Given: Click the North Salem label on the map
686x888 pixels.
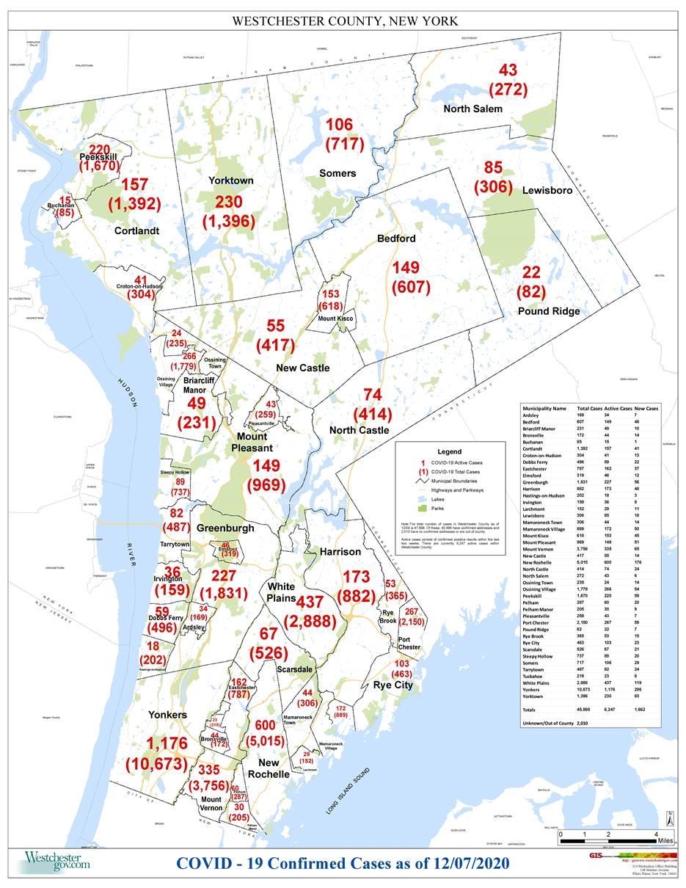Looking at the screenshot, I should coord(472,109).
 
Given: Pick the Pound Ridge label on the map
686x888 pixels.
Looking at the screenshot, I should coord(549,311).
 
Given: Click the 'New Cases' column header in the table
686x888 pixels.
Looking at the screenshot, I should coord(646,407).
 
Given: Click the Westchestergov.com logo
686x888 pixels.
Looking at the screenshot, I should coord(57,860).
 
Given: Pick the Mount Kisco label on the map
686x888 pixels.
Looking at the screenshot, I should coord(336,319).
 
